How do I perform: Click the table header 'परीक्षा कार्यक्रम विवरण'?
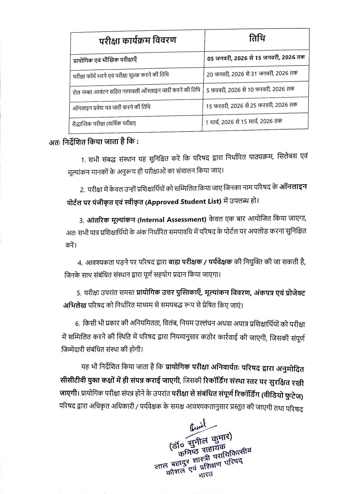[x=136, y=40]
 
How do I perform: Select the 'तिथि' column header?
[x=257, y=39]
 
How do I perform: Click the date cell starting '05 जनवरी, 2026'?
[x=256, y=58]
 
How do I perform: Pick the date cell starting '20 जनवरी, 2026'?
[x=252, y=73]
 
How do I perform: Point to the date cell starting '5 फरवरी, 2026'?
[x=250, y=89]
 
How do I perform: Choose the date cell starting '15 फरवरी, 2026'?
[x=252, y=105]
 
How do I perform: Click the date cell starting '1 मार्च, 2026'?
[x=244, y=121]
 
